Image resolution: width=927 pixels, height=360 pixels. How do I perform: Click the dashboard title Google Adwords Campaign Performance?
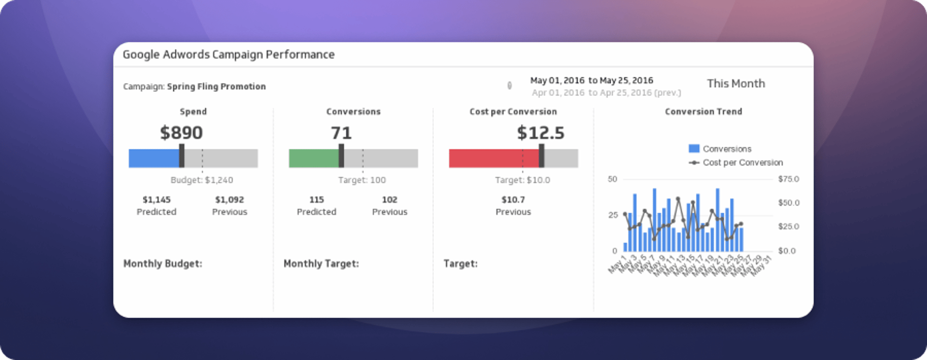[x=228, y=55]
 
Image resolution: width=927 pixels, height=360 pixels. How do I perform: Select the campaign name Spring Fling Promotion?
[x=216, y=86]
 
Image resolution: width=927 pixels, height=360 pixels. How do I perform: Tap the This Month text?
[x=736, y=83]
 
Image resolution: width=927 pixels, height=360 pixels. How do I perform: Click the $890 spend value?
[x=181, y=133]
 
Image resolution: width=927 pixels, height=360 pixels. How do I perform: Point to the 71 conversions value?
[x=341, y=133]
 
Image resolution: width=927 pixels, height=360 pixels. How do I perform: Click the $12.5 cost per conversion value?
[x=540, y=133]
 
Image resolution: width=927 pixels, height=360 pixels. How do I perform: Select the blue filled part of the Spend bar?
[x=154, y=158]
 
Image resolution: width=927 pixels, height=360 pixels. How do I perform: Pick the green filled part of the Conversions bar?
[x=314, y=158]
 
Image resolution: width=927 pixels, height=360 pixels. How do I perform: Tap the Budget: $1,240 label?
[x=202, y=180]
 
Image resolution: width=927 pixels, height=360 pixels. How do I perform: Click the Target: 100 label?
[x=362, y=180]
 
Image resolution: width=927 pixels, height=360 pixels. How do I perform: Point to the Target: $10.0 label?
[x=522, y=180]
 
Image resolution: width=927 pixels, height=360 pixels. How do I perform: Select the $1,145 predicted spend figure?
[x=156, y=200]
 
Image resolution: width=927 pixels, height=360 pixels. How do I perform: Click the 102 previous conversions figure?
[x=390, y=200]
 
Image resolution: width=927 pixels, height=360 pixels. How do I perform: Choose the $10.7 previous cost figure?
[x=513, y=200]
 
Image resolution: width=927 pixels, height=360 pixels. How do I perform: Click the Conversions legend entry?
[x=726, y=149]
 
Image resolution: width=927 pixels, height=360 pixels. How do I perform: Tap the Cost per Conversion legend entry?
[x=742, y=163]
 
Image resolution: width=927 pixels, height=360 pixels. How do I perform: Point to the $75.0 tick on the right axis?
[x=788, y=179]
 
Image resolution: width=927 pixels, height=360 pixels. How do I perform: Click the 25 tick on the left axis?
[x=613, y=215]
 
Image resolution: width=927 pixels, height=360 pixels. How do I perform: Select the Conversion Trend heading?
[x=703, y=111]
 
